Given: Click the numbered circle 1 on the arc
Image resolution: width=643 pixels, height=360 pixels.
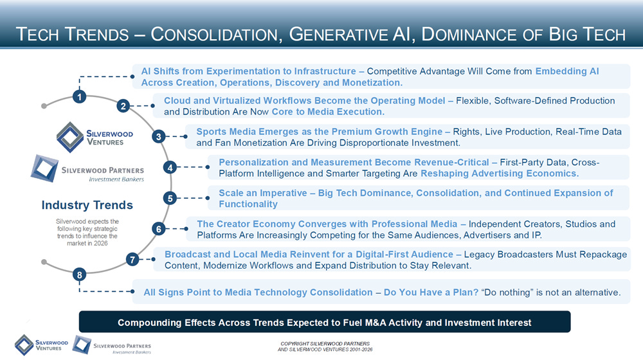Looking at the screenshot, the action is tap(80, 97).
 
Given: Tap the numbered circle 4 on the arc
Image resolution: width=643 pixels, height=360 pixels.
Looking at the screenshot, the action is tap(170, 167).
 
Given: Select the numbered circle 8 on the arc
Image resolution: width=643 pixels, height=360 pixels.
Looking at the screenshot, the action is tap(80, 274).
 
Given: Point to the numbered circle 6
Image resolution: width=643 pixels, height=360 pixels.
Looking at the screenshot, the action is tap(159, 229).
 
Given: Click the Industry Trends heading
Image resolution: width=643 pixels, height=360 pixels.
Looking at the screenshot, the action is tap(87, 205).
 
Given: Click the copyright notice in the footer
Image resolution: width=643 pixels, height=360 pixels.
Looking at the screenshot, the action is tap(325, 346).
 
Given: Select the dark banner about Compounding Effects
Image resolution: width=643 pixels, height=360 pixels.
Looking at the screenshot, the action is tap(324, 322).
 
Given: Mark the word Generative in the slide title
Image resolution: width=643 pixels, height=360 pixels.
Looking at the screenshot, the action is tap(338, 35).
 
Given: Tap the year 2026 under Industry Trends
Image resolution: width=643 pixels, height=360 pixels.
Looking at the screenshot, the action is tap(100, 243).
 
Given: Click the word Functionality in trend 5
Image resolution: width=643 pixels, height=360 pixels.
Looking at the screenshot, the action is tap(248, 204).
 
